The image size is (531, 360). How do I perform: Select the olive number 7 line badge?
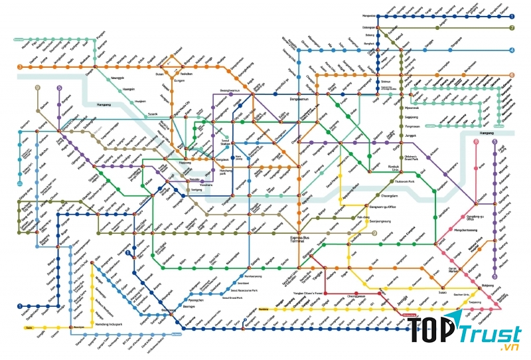512,28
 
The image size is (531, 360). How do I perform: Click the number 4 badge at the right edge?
512,50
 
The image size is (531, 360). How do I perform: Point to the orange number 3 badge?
21,67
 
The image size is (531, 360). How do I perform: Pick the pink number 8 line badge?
475,141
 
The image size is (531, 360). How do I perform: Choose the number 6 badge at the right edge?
512,75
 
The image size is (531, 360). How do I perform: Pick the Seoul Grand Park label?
234,298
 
